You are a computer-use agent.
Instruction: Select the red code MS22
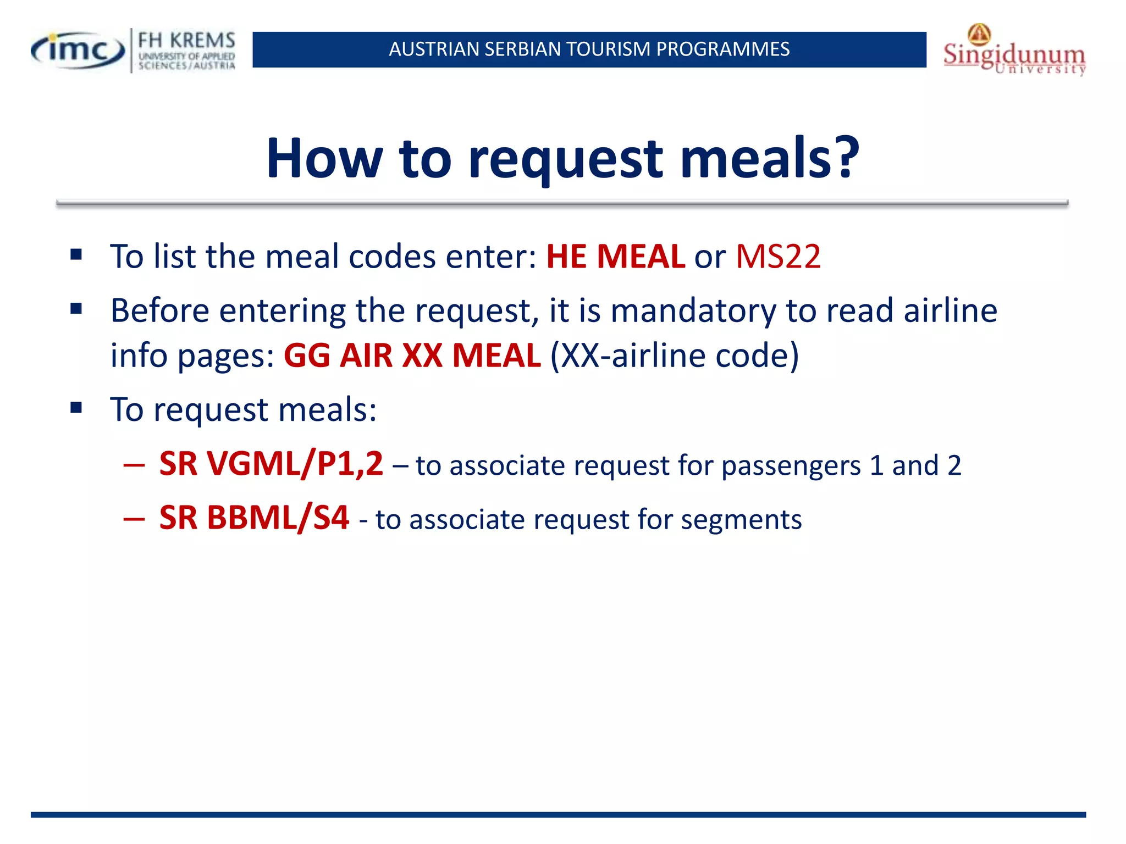[778, 256]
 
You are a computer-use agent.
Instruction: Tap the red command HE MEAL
[615, 256]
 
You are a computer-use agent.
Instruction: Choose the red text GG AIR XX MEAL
[412, 356]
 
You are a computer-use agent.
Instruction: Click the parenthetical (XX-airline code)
[674, 356]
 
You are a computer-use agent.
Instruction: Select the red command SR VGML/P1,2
[271, 464]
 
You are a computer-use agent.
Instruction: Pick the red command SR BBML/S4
[254, 518]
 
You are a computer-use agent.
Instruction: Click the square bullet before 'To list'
[76, 255]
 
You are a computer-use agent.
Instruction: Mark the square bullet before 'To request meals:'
[76, 408]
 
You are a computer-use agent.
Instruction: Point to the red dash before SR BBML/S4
[134, 518]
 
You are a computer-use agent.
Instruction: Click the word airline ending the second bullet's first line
[950, 311]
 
